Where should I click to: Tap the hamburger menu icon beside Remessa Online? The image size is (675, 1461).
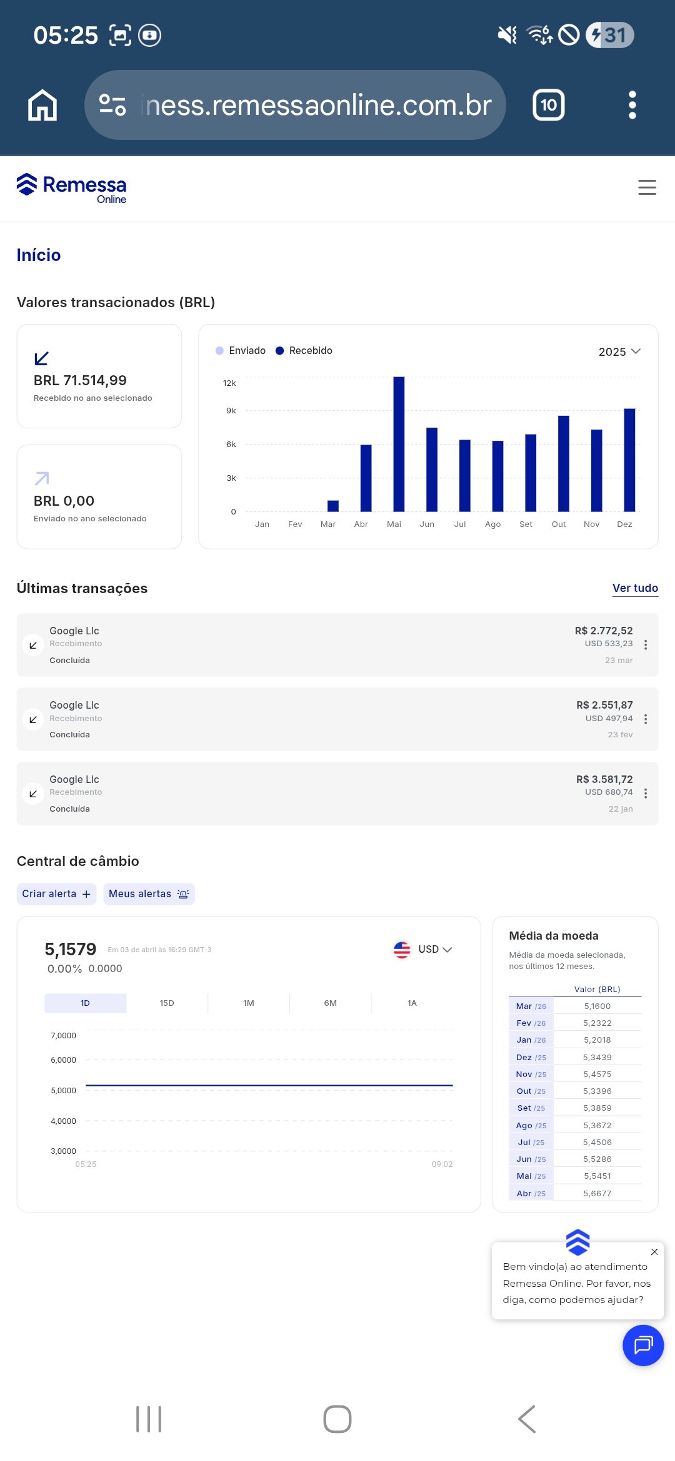click(647, 187)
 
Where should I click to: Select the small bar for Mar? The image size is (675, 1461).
click(333, 506)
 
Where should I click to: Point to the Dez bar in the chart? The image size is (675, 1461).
click(629, 460)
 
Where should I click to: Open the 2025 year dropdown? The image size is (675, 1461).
click(619, 352)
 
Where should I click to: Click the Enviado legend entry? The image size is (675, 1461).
click(241, 351)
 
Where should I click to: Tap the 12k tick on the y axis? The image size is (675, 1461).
click(229, 383)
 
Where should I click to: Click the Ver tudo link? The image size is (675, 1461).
click(635, 588)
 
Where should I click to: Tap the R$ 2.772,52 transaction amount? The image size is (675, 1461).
click(604, 631)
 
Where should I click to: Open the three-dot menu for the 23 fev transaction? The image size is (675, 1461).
click(646, 719)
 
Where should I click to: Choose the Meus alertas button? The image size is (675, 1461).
click(149, 894)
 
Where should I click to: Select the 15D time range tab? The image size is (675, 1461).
click(167, 1003)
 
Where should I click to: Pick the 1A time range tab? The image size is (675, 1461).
click(412, 1003)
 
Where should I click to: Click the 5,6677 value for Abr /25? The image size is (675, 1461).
click(597, 1193)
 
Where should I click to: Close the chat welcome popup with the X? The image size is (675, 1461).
click(654, 1252)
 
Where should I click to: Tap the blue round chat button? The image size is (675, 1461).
click(643, 1345)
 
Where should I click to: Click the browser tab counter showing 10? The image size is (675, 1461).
click(549, 105)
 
